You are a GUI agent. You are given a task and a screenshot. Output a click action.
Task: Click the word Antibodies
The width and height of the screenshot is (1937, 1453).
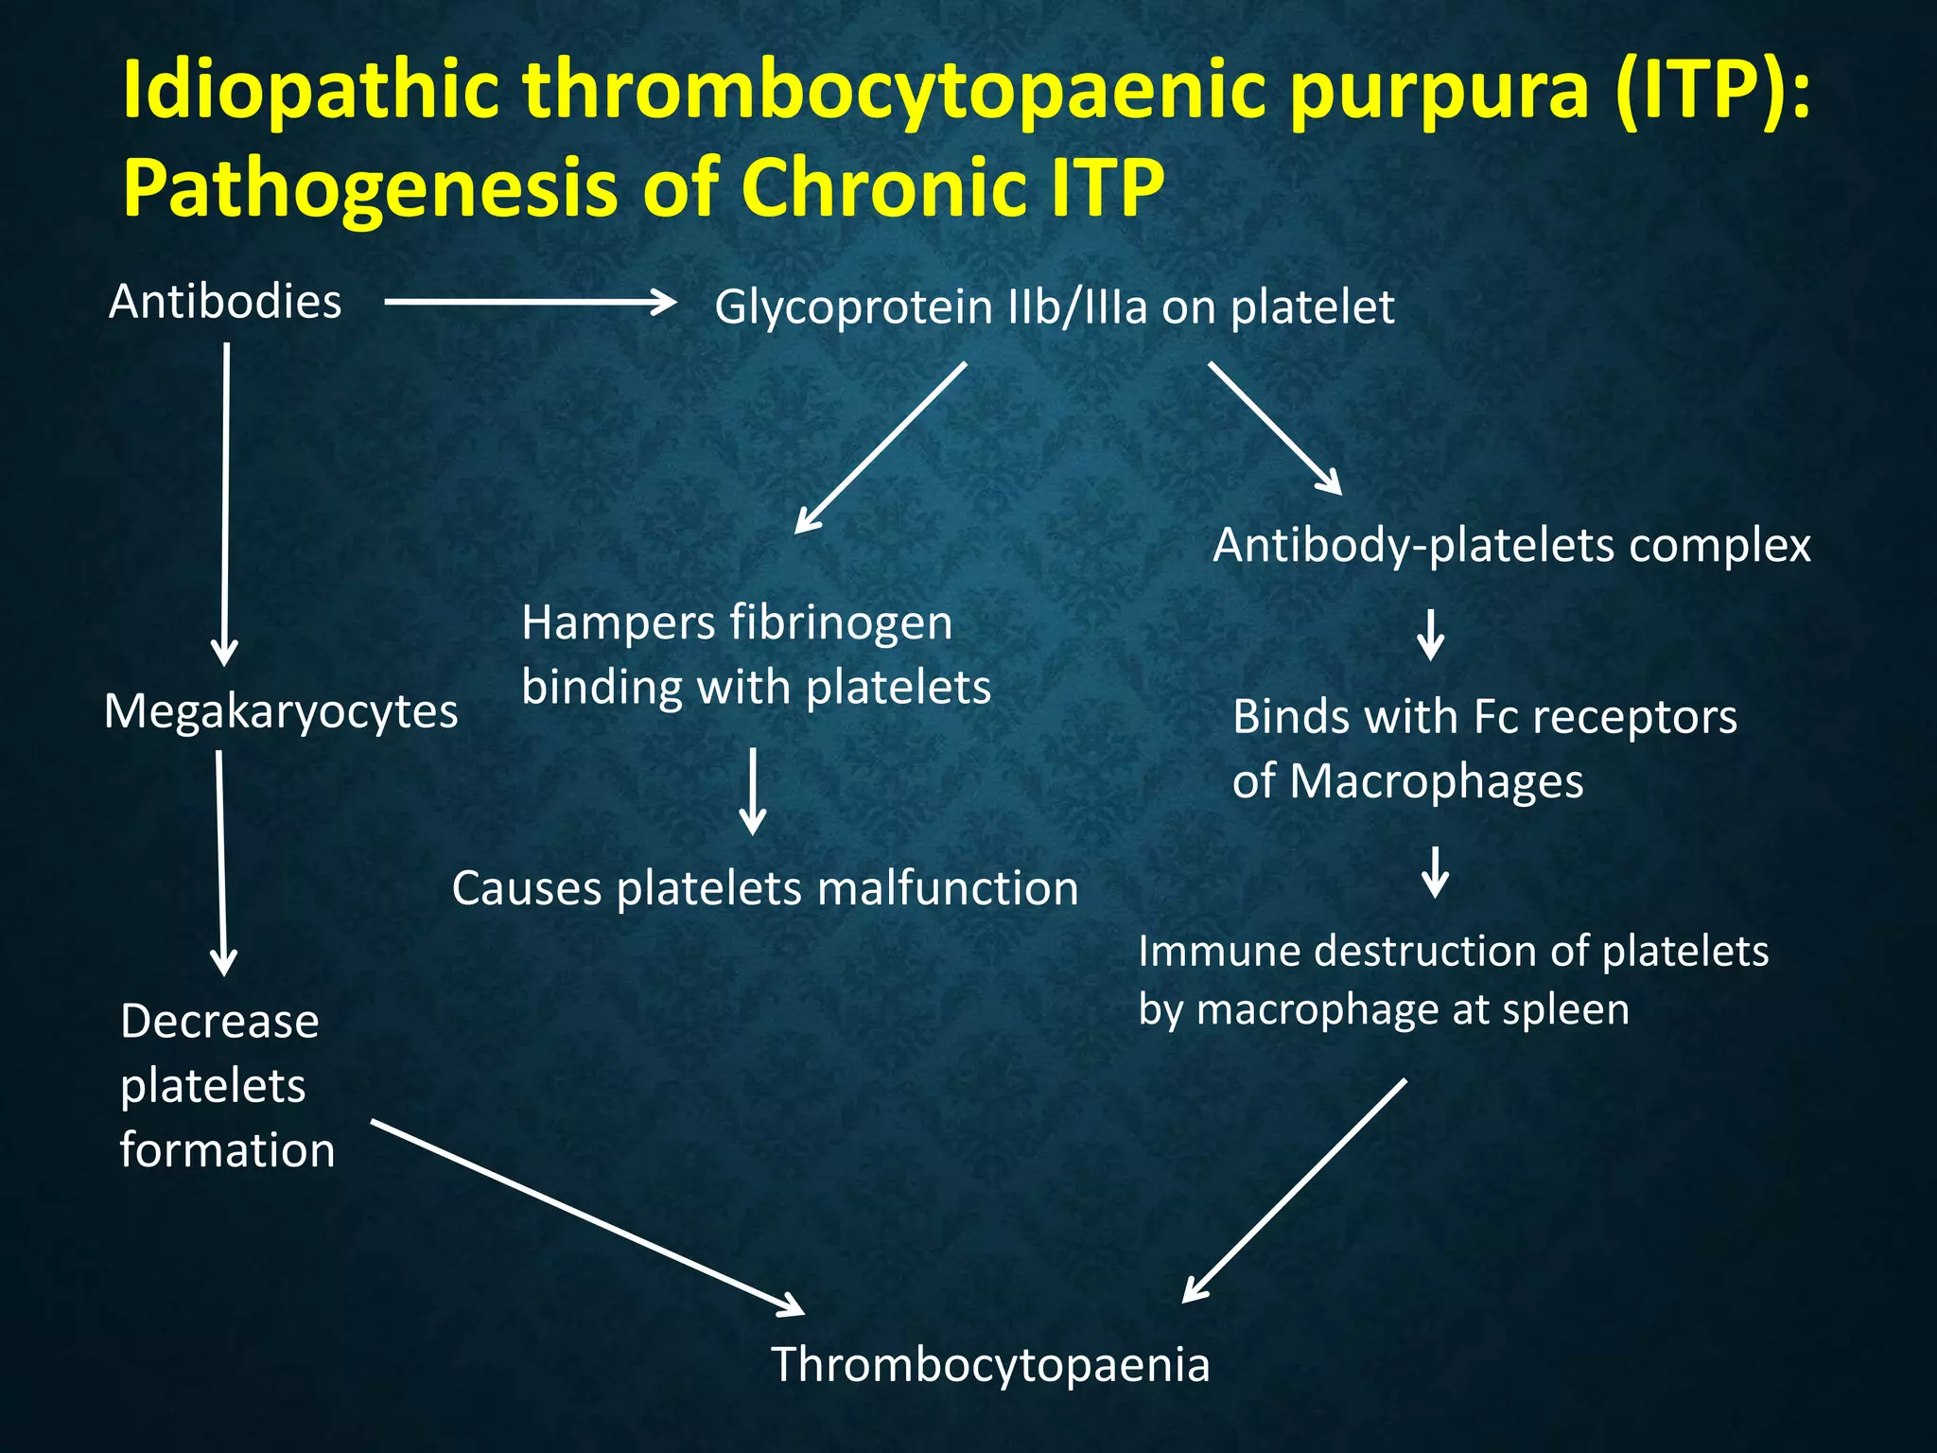click(x=225, y=303)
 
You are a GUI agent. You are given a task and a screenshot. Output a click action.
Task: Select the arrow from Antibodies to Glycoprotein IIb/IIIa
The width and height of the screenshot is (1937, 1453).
click(x=530, y=303)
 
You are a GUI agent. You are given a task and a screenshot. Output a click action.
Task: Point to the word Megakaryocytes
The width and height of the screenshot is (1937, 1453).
click(x=281, y=711)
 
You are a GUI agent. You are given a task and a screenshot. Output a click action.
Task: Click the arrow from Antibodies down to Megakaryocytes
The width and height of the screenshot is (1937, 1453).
click(x=226, y=501)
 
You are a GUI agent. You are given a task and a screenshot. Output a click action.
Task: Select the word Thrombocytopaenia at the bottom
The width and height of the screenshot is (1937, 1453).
click(x=990, y=1365)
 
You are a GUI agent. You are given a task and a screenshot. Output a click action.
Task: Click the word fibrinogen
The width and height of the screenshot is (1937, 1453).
click(x=841, y=623)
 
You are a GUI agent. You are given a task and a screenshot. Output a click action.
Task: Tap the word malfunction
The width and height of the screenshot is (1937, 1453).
click(x=947, y=889)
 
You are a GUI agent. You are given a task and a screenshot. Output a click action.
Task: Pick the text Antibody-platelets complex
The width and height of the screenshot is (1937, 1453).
click(x=1511, y=546)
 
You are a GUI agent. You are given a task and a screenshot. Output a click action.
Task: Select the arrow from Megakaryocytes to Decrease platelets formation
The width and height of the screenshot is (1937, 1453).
click(x=221, y=861)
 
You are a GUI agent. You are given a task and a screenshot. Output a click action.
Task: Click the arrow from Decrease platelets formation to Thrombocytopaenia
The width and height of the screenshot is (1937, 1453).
click(x=586, y=1217)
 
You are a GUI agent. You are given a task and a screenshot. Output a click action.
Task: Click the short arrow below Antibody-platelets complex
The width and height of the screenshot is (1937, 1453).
click(x=1430, y=635)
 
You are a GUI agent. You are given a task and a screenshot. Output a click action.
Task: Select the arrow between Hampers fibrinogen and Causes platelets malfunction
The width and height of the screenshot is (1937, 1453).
click(x=753, y=791)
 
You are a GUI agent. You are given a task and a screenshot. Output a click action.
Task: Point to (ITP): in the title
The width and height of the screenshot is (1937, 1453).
click(x=1712, y=91)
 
